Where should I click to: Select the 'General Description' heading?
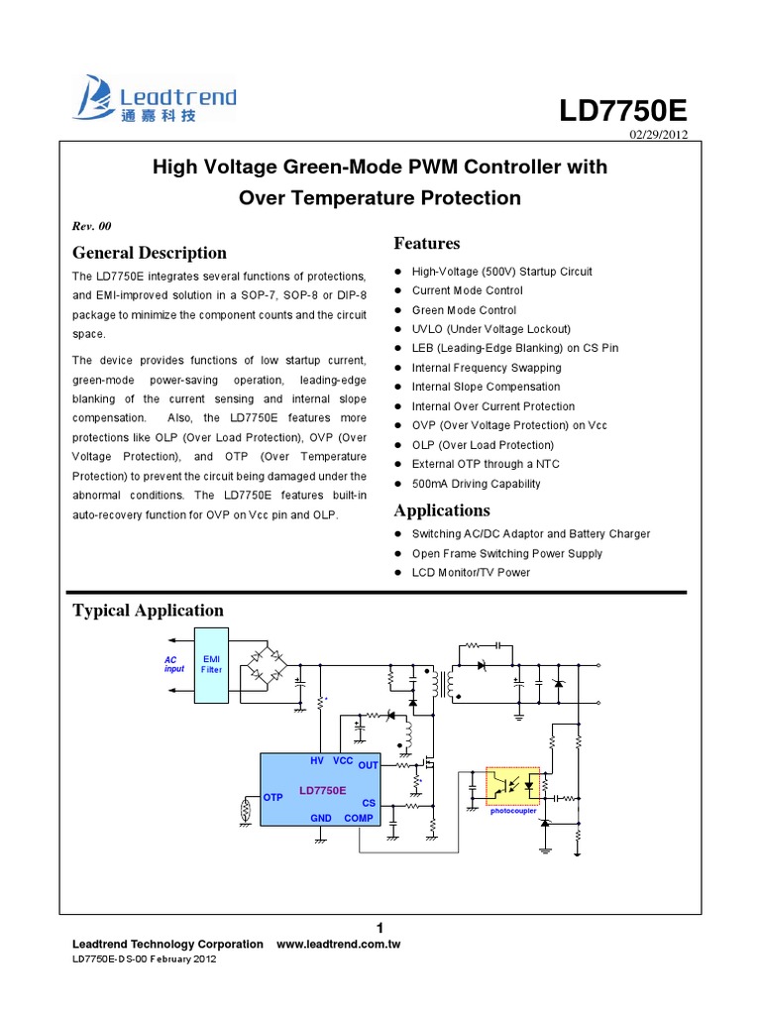click(x=150, y=252)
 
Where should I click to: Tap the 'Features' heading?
click(x=427, y=243)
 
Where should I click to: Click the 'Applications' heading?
click(x=442, y=510)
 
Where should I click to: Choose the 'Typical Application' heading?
click(x=149, y=610)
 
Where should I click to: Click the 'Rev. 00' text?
click(x=92, y=225)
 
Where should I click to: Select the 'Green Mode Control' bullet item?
click(x=464, y=310)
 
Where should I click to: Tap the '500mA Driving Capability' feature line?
click(x=476, y=484)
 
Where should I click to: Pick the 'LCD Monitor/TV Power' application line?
click(x=471, y=572)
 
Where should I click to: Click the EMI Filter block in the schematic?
click(x=212, y=664)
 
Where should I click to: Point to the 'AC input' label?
click(x=174, y=664)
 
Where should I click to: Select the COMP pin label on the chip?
click(x=359, y=818)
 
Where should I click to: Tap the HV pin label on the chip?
click(x=317, y=760)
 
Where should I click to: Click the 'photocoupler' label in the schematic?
click(x=513, y=810)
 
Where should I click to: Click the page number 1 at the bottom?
click(x=380, y=927)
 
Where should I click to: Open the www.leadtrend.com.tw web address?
click(x=337, y=945)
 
